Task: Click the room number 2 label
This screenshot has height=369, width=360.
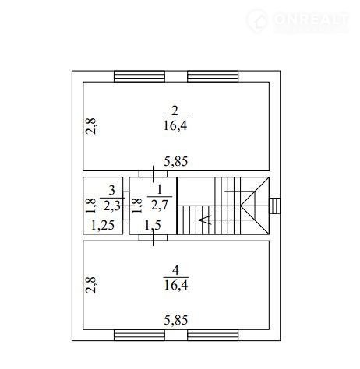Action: [x=175, y=111]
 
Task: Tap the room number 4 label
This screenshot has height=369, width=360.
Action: [x=175, y=270]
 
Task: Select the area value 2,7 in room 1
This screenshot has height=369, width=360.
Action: [x=160, y=206]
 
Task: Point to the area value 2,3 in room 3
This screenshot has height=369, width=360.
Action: [x=111, y=206]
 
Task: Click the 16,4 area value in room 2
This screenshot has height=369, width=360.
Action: [x=175, y=125]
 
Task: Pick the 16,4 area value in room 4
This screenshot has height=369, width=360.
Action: [x=176, y=285]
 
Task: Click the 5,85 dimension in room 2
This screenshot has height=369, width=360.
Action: [x=176, y=161]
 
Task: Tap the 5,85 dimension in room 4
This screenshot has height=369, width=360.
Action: [x=176, y=320]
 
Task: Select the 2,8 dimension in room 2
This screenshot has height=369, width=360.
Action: [x=91, y=126]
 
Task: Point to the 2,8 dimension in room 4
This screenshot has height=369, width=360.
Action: [x=91, y=285]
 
